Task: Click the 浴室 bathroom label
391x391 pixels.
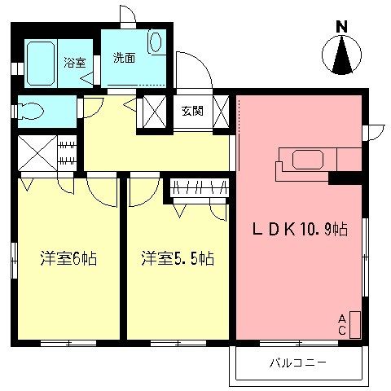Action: click(75, 62)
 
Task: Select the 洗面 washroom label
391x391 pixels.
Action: click(124, 58)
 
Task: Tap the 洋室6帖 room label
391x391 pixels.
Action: click(68, 259)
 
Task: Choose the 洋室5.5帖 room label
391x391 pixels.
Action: click(178, 259)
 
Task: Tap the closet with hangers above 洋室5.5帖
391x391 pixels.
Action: click(197, 188)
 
